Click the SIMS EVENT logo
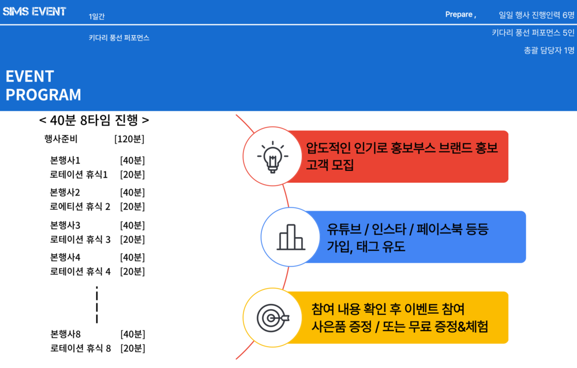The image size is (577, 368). pyautogui.click(x=34, y=12)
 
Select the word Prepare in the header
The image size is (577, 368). pyautogui.click(x=459, y=14)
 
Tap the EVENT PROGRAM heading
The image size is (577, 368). pyautogui.click(x=43, y=85)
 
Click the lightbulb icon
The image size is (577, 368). pyautogui.click(x=273, y=157)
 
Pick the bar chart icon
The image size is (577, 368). pyautogui.click(x=291, y=237)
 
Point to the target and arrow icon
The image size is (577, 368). pyautogui.click(x=273, y=318)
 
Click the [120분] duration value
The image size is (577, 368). pyautogui.click(x=129, y=139)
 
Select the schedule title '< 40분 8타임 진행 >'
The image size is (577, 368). pyautogui.click(x=94, y=120)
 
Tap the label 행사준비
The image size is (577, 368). pyautogui.click(x=61, y=139)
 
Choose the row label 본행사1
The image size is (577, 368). pyautogui.click(x=65, y=160)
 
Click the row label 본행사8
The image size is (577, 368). pyautogui.click(x=65, y=334)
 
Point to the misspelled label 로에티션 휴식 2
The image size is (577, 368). pyautogui.click(x=80, y=206)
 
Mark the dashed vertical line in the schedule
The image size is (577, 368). pyautogui.click(x=97, y=305)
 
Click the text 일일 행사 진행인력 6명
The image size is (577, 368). pyautogui.click(x=536, y=15)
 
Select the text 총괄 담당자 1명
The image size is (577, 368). pyautogui.click(x=549, y=50)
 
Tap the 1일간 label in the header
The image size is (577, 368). pyautogui.click(x=96, y=16)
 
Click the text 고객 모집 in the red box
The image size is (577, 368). pyautogui.click(x=329, y=164)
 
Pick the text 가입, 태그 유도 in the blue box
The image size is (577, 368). pyautogui.click(x=366, y=246)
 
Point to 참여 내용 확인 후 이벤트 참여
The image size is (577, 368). pyautogui.click(x=388, y=309)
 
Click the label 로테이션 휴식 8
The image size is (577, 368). pyautogui.click(x=80, y=348)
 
